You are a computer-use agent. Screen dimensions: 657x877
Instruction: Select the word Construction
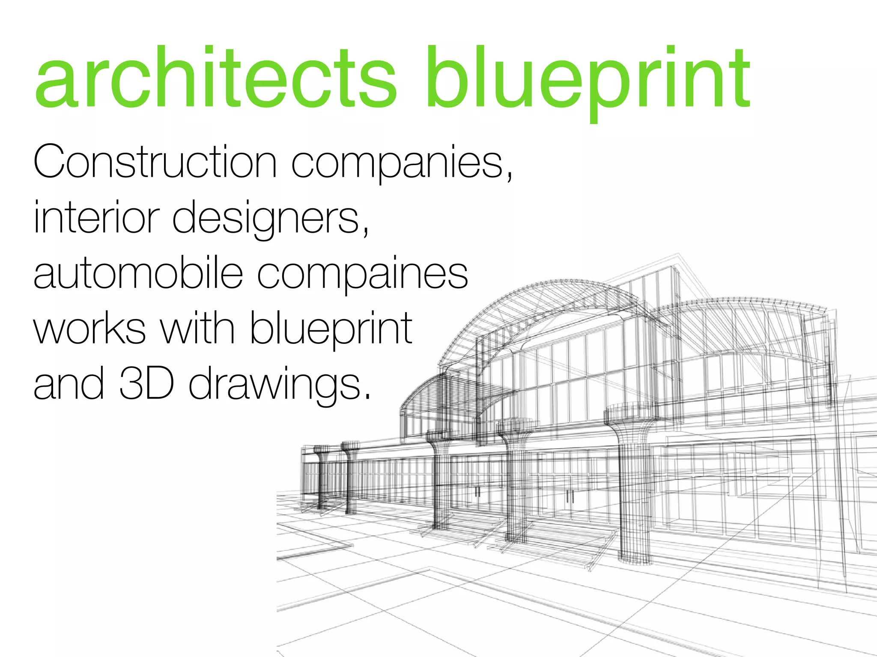pyautogui.click(x=155, y=163)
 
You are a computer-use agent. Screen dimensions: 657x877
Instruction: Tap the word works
pyautogui.click(x=89, y=329)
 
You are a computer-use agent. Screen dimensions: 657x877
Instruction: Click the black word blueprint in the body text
pyautogui.click(x=331, y=330)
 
